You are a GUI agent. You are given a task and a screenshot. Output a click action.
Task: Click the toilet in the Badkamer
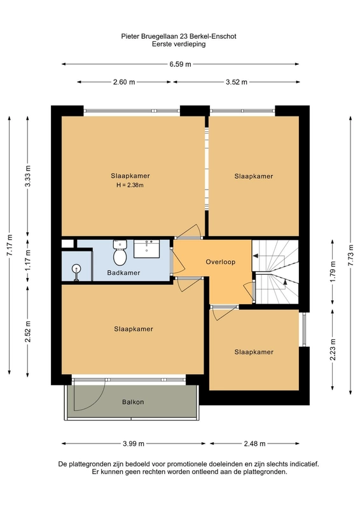[120, 252]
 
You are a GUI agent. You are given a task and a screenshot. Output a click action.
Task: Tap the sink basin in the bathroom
[147, 249]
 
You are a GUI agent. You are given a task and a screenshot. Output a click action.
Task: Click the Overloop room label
[221, 262]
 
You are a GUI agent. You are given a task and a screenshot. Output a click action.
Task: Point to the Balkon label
[133, 402]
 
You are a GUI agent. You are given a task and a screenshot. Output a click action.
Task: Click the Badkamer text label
[123, 273]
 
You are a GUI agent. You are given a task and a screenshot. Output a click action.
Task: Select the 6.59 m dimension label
[180, 64]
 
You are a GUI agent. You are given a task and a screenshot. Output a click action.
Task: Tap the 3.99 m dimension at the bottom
[134, 443]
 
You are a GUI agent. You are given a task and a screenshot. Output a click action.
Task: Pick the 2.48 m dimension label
[255, 443]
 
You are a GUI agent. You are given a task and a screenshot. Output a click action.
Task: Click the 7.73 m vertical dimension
[351, 255]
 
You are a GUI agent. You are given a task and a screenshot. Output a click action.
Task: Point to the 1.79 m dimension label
[333, 272]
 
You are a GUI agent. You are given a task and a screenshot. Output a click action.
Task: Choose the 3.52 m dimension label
[237, 82]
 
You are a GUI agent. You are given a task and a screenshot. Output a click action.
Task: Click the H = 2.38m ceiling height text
[130, 185]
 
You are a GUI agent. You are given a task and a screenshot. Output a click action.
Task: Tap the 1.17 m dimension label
[28, 260]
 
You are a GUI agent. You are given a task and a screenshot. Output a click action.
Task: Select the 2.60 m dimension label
[124, 82]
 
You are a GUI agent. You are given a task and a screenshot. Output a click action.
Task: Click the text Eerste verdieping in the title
[179, 44]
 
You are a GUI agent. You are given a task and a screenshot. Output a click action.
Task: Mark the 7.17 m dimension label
[10, 245]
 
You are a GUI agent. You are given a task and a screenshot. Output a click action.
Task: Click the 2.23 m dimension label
[333, 349]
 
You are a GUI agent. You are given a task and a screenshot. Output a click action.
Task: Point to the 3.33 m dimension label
[28, 176]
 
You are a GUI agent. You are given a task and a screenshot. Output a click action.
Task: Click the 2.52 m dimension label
[28, 331]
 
